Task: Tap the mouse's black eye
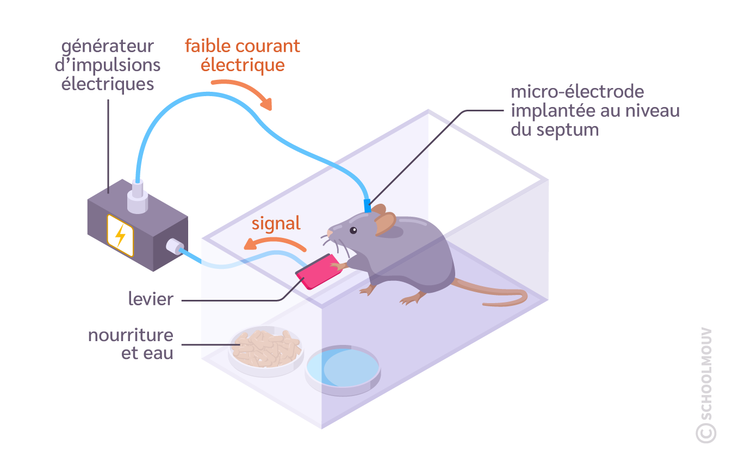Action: click(353, 230)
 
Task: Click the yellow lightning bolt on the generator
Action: click(120, 235)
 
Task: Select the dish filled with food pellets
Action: click(266, 350)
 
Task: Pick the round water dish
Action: click(343, 368)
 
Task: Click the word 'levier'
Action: click(151, 299)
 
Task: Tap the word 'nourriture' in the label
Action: click(131, 335)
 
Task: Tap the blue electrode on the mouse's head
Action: click(367, 206)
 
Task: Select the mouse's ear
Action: click(386, 222)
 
